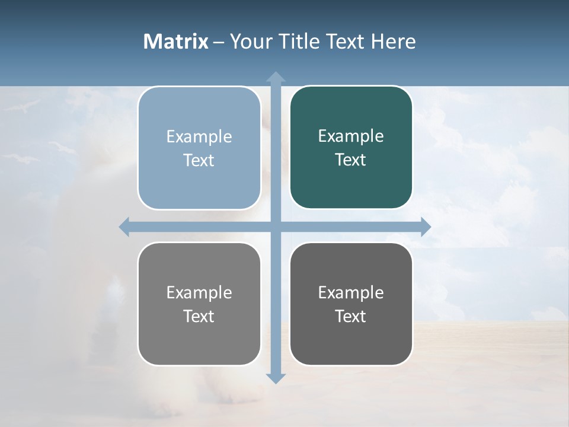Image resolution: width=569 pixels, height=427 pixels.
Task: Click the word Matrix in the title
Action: pos(175,42)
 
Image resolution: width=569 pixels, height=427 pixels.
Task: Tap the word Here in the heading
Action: pos(393,42)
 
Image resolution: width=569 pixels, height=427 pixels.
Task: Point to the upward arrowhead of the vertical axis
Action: pos(276,77)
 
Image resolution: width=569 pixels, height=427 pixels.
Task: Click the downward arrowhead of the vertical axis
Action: pos(276,378)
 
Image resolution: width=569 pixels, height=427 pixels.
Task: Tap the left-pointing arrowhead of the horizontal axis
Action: pos(124,227)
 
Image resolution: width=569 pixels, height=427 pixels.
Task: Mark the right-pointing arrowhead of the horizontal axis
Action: pos(426,227)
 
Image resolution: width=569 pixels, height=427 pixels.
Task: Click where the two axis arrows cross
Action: pos(276,227)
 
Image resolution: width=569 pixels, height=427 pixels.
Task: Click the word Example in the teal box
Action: pos(351,136)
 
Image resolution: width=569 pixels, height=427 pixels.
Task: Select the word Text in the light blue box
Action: pos(199,161)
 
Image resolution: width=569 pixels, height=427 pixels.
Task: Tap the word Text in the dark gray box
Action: pos(350,317)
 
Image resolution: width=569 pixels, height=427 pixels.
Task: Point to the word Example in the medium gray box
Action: pos(199,293)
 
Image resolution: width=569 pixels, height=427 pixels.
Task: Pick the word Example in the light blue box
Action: pos(199,137)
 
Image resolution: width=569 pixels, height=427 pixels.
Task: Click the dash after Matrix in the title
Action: pos(219,42)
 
